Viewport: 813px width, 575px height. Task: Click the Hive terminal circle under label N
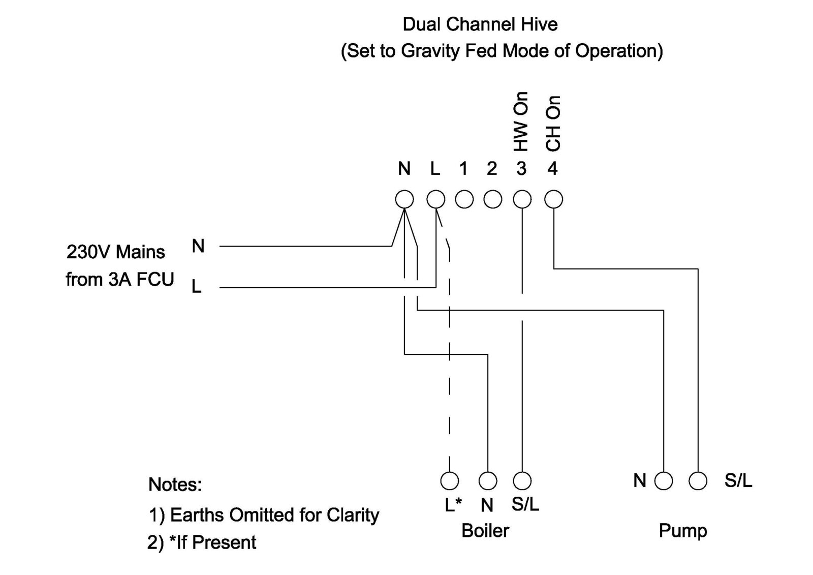(404, 199)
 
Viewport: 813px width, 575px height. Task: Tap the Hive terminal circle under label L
(435, 199)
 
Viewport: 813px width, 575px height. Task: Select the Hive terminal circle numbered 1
(464, 199)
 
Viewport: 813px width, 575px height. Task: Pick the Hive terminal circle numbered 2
(492, 199)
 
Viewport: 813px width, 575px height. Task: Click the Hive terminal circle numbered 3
(522, 199)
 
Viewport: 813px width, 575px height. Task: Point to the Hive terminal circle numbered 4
(553, 199)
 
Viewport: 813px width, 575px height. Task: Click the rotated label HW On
(521, 122)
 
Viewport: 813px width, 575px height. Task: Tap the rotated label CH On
(553, 124)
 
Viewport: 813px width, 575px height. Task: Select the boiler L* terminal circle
(449, 480)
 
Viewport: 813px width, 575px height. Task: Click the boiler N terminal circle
(488, 480)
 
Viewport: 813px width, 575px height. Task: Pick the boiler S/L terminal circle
(522, 480)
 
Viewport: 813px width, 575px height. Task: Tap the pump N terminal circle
(663, 480)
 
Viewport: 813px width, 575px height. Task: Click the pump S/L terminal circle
(698, 480)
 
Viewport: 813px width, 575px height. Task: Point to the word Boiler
(485, 531)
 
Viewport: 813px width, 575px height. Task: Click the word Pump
(682, 531)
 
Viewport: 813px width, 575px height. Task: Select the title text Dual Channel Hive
(480, 24)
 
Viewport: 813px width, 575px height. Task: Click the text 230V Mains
(116, 252)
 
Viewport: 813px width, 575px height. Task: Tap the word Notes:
(175, 485)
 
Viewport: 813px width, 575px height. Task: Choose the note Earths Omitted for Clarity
(274, 515)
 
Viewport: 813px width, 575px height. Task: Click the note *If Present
(212, 542)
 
